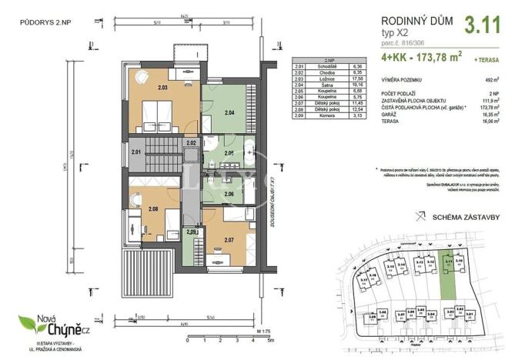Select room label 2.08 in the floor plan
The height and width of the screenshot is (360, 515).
pos(152,208)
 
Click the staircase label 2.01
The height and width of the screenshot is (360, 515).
pos(136,153)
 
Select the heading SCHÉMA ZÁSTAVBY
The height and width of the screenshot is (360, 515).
pos(463,218)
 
